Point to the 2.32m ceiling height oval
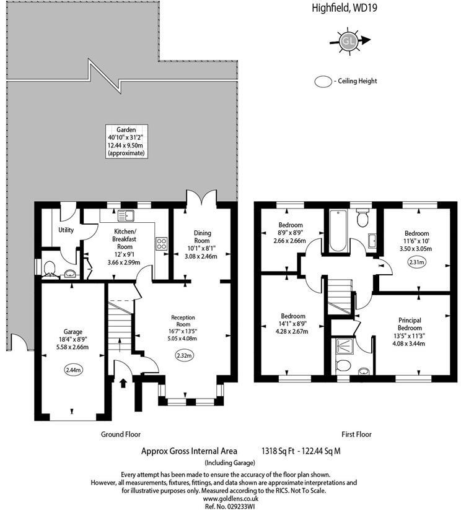[x=183, y=355]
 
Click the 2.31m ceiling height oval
[x=416, y=262]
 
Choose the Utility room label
[x=66, y=230]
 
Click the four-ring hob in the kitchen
[x=162, y=243]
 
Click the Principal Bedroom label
[x=410, y=324]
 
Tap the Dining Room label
[x=203, y=236]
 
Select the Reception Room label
[x=183, y=321]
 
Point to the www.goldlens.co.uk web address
[x=230, y=498]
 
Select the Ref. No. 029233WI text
[x=230, y=506]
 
